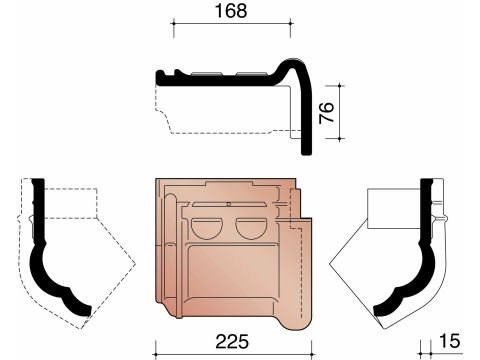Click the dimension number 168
pyautogui.click(x=231, y=11)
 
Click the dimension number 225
pyautogui.click(x=232, y=341)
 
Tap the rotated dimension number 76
pyautogui.click(x=326, y=113)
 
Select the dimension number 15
pyautogui.click(x=450, y=341)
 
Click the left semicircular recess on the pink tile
pyautogui.click(x=206, y=229)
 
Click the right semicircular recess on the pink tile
pyautogui.click(x=251, y=229)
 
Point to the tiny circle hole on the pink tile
pyautogui.click(x=228, y=204)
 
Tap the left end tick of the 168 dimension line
pyautogui.click(x=173, y=23)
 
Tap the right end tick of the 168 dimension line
pyautogui.click(x=291, y=23)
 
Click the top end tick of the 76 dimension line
pyautogui.click(x=339, y=86)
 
